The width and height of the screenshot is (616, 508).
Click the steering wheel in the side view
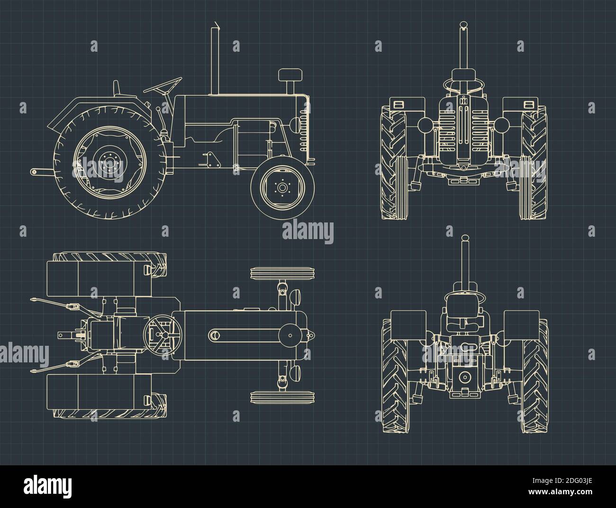163,86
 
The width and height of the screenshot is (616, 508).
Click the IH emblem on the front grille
462,101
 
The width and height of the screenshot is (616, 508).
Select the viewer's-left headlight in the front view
425,125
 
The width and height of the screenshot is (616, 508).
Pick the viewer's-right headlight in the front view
501,125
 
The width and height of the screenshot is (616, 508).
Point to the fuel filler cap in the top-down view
214,335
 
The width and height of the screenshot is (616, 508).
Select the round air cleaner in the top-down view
290,335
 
